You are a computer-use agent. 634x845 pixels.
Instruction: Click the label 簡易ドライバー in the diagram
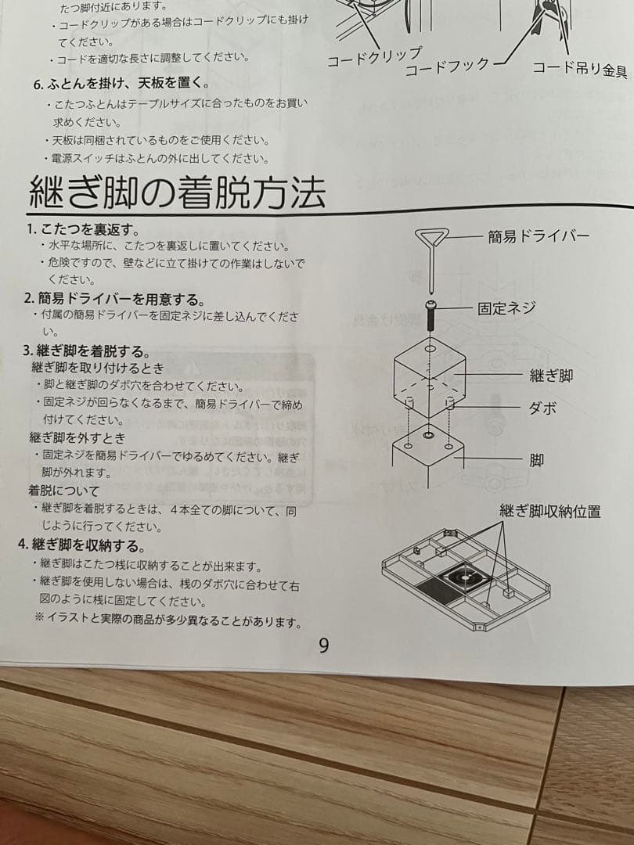tap(539, 236)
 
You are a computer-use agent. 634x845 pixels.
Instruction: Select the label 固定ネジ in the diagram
tap(506, 307)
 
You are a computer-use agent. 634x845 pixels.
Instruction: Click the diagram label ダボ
tap(543, 408)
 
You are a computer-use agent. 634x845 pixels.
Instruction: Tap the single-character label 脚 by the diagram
tap(536, 459)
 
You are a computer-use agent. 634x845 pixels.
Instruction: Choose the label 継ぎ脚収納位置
tap(550, 512)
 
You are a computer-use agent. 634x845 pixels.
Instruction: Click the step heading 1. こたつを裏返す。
tap(82, 229)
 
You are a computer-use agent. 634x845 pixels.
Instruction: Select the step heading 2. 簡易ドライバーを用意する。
tap(113, 299)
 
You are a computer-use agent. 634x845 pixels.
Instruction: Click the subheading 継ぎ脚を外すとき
tap(77, 437)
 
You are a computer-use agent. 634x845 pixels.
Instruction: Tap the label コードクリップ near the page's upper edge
tap(373, 58)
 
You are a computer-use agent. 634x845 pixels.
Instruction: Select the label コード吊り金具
tap(579, 69)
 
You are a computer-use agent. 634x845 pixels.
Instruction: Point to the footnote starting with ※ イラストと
tap(168, 621)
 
